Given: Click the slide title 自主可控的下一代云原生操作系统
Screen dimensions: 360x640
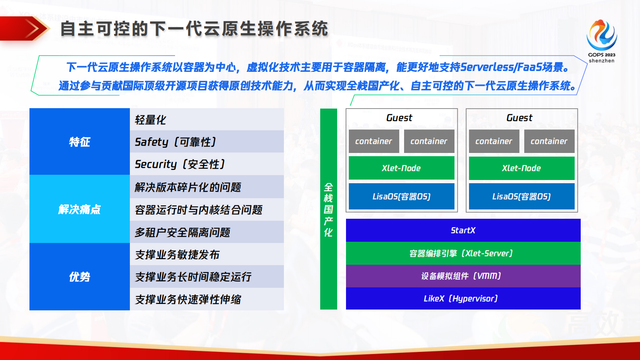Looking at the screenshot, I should point(194,29).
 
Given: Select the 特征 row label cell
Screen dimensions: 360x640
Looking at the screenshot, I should point(79,142).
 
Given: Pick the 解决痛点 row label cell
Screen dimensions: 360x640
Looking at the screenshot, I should point(79,209).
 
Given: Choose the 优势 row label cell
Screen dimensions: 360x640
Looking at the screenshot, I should point(79,277).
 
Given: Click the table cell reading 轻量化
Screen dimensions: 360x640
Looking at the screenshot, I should point(206,119).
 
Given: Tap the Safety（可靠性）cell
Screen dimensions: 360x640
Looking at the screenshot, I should point(206,142).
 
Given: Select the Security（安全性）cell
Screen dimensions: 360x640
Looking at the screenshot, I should point(206,164).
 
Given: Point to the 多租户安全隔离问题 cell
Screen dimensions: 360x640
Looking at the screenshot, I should point(206,232).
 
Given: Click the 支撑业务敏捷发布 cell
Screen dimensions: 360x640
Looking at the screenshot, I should point(206,254).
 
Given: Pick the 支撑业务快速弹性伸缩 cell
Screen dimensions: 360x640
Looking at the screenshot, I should point(206,299).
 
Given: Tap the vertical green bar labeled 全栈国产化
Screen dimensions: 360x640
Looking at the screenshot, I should point(328,209).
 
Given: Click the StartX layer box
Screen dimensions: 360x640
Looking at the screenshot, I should point(463,230).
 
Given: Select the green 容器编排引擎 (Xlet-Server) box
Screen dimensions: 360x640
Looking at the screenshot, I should point(463,253).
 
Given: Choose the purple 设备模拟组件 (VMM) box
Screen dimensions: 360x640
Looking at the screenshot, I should point(463,276).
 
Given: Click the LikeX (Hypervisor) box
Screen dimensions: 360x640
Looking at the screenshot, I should point(463,299).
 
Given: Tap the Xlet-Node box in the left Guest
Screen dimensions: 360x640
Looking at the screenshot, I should point(401,168).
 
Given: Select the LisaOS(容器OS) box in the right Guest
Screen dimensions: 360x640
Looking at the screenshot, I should point(521,197).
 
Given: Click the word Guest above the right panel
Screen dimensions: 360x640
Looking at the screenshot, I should point(519,118).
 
